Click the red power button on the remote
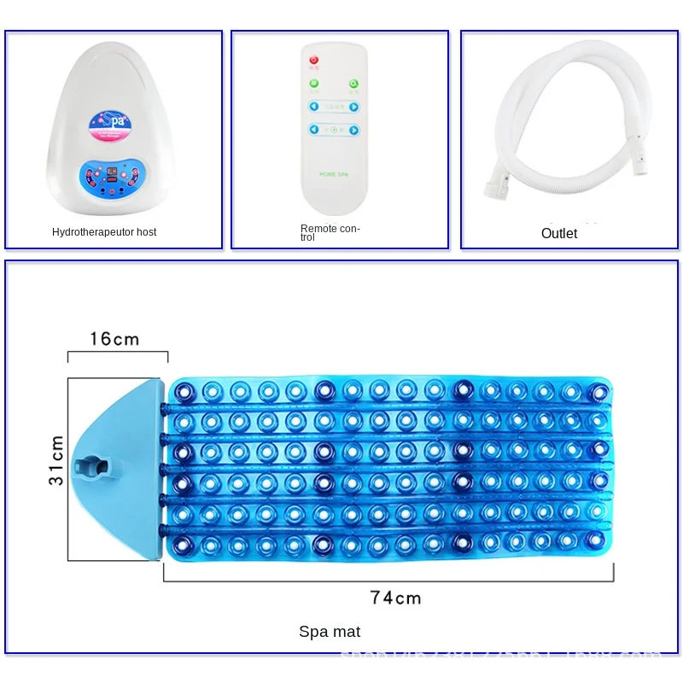(x=314, y=60)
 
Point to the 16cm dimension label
(x=114, y=339)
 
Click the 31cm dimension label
(x=55, y=460)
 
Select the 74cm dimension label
(x=395, y=598)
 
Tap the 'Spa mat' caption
(x=330, y=632)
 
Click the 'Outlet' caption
(x=559, y=233)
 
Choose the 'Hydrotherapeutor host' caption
(x=104, y=232)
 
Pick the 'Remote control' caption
(x=330, y=232)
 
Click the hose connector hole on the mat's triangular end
(x=93, y=468)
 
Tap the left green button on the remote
(x=314, y=85)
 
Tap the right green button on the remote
(x=353, y=85)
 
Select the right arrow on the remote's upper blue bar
(x=353, y=108)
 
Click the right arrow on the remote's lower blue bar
(x=353, y=130)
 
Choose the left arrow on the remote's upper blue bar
(x=314, y=108)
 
